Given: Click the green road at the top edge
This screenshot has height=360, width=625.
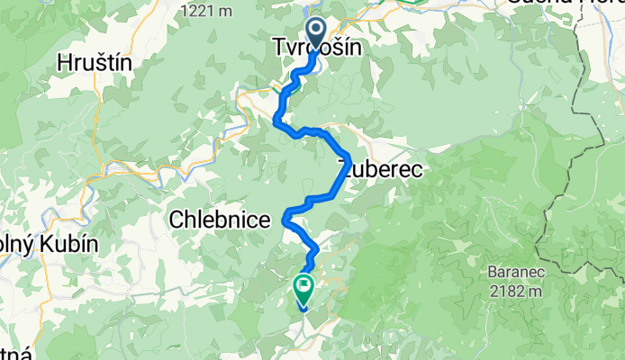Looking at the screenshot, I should (x=405, y=3).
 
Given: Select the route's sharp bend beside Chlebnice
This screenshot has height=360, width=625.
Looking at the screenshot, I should (x=286, y=216).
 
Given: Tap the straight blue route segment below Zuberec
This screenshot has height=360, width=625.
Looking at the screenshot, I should (x=327, y=184).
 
